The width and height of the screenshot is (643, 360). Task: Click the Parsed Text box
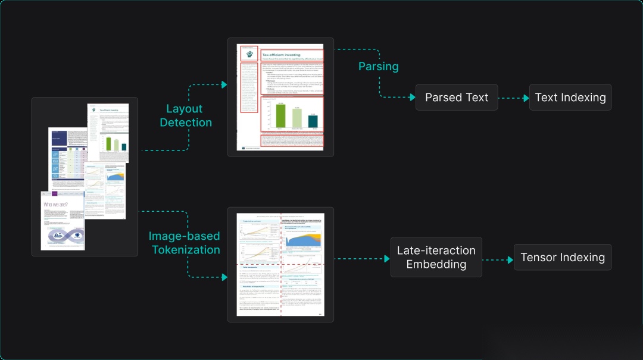coord(457,97)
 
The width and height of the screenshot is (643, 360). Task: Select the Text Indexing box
coord(570,97)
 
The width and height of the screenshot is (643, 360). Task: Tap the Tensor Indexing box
coord(563,257)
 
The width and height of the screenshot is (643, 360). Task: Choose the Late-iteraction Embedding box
coord(436,257)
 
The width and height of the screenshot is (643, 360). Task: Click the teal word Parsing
coord(378,66)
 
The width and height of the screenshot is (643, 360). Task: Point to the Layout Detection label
coord(189,115)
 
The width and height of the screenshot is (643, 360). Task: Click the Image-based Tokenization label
coord(185,243)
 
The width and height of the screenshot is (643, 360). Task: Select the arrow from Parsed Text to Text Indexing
coord(513,97)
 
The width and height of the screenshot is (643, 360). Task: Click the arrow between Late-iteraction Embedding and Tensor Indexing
coord(498,260)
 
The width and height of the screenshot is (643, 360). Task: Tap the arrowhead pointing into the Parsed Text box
coord(412,97)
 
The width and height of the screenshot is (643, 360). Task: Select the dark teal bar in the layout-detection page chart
coord(313,121)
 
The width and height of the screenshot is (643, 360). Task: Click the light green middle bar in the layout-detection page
coord(297,118)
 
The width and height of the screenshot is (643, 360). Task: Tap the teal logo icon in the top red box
coord(249,54)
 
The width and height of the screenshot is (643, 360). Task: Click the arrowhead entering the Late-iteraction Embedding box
coord(387,259)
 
